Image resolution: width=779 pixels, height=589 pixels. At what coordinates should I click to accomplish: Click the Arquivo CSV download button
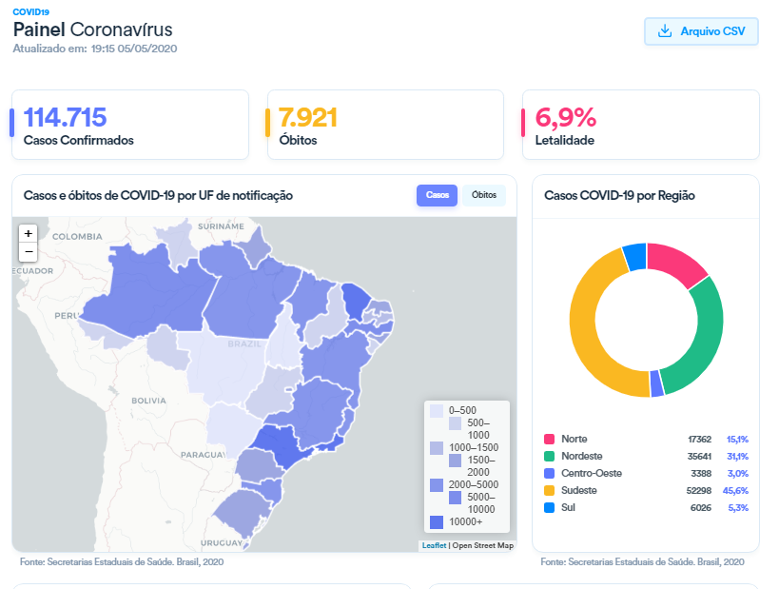click(x=701, y=31)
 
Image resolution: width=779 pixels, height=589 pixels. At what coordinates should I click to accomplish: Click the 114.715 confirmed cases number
click(x=65, y=118)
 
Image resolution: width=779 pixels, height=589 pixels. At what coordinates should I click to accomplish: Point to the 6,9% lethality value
click(x=565, y=118)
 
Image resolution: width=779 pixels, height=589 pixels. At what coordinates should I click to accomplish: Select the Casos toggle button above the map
click(x=438, y=195)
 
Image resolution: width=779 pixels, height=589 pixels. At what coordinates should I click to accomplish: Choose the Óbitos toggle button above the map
click(x=484, y=195)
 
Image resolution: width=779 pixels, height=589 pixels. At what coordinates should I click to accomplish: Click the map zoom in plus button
click(x=29, y=233)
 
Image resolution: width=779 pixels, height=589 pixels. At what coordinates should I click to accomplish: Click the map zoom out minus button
click(x=29, y=252)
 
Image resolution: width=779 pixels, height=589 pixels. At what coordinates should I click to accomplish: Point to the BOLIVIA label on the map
click(x=148, y=401)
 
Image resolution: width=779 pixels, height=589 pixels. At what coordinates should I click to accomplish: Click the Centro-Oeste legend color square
click(x=550, y=473)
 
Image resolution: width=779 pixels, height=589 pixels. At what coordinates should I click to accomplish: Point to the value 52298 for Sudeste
click(x=699, y=490)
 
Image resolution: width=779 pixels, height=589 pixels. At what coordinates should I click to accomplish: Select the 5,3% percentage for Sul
click(x=737, y=507)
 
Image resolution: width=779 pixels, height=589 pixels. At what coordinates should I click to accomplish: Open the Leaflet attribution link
click(x=434, y=545)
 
